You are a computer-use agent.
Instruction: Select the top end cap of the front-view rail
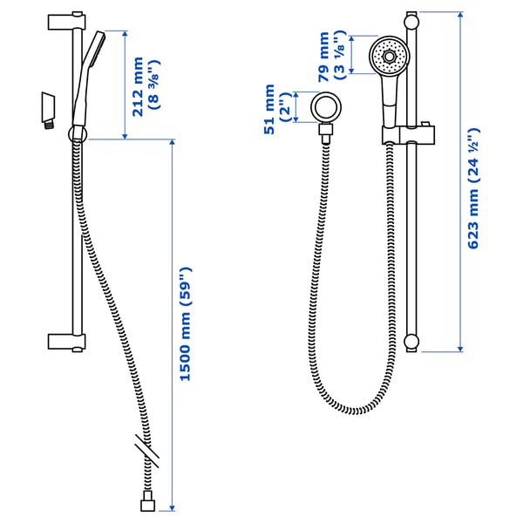tap(411, 17)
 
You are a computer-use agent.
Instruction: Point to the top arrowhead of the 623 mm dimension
tap(461, 14)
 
